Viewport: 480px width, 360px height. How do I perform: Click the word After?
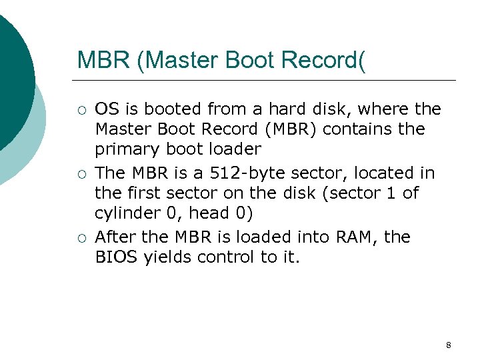tap(116, 237)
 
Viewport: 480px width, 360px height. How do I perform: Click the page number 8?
tap(448, 345)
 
